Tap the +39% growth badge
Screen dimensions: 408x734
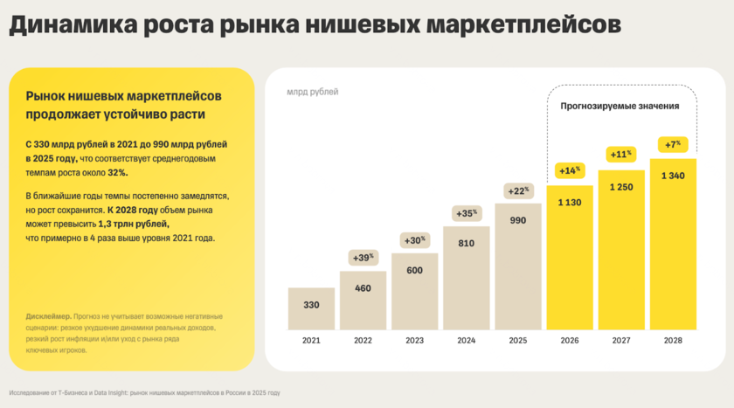(x=363, y=258)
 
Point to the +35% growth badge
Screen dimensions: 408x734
(x=467, y=212)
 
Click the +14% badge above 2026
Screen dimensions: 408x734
(x=570, y=169)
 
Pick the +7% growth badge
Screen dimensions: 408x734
(x=673, y=144)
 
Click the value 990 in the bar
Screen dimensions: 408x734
(x=518, y=220)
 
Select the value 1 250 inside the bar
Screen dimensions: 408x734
(x=621, y=187)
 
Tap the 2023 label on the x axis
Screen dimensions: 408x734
(x=414, y=340)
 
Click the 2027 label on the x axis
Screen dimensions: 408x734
(x=621, y=340)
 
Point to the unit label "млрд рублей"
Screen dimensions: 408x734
(x=312, y=92)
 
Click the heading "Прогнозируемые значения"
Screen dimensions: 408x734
(x=620, y=106)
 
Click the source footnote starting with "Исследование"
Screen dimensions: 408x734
(x=144, y=392)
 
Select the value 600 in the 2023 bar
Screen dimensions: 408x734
(x=414, y=270)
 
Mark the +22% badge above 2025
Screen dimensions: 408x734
(x=518, y=190)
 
